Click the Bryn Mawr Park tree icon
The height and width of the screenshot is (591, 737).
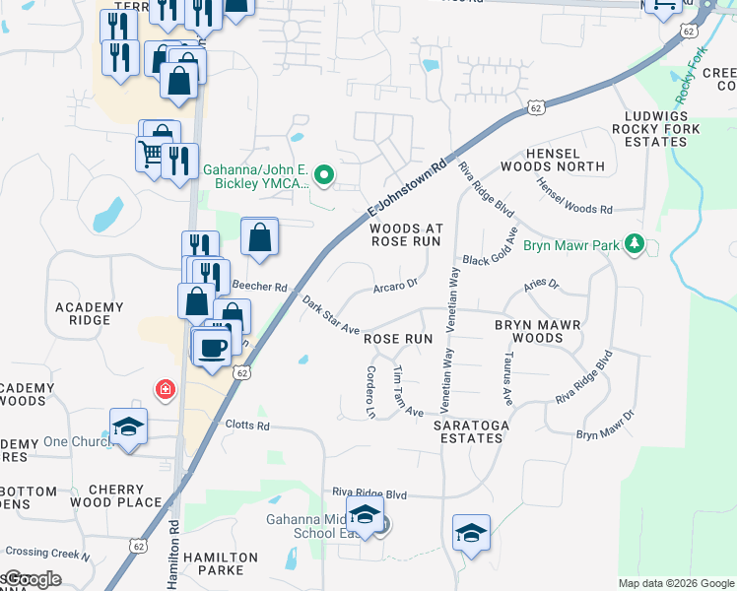[x=636, y=243]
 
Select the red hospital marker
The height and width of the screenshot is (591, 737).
[x=164, y=390]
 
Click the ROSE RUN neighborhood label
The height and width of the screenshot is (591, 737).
[x=399, y=338]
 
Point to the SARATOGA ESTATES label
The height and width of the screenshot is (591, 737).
[x=468, y=431]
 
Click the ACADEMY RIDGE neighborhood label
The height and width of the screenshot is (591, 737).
[x=90, y=313]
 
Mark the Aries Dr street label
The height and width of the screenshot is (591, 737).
[x=541, y=285]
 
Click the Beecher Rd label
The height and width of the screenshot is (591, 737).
[x=258, y=288]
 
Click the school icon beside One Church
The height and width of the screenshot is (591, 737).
[x=128, y=427]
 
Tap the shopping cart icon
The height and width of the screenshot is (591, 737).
[x=150, y=154]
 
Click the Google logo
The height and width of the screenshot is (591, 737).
[x=32, y=579]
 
